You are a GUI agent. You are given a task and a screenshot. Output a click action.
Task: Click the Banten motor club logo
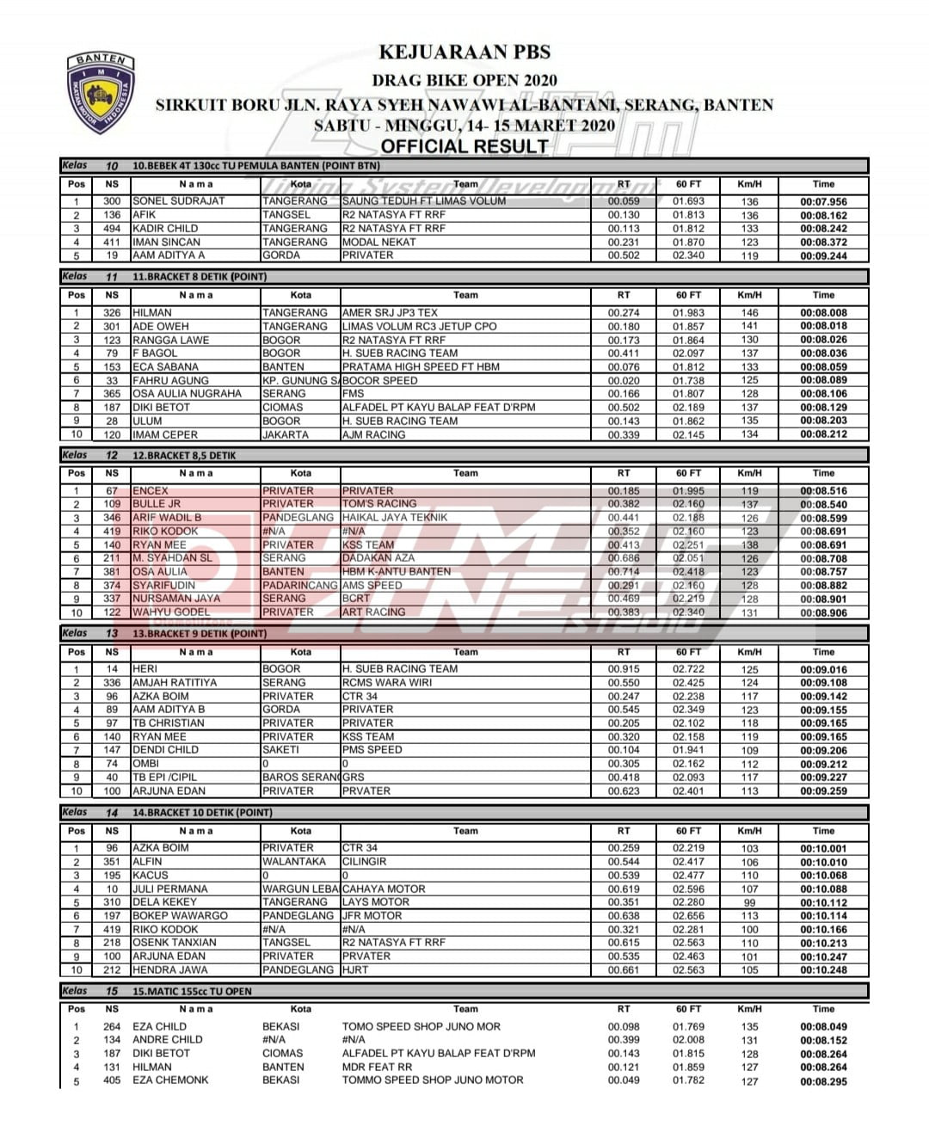point(101,93)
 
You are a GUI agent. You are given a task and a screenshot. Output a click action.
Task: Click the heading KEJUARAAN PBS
point(464,52)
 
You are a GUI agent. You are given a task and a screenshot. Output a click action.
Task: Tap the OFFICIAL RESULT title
point(464,146)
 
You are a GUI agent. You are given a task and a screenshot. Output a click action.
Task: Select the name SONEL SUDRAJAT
point(179,201)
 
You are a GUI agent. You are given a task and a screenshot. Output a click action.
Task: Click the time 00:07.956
point(823,202)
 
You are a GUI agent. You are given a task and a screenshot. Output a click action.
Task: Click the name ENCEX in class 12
point(151,491)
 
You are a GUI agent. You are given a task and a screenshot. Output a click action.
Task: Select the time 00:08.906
point(823,613)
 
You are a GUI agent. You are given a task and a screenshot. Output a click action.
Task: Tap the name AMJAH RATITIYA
point(175,683)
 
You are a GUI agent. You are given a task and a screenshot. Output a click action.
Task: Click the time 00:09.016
point(823,670)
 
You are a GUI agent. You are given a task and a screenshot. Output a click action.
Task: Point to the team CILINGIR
point(364,862)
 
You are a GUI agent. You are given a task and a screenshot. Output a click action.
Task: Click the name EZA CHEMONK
point(170,1080)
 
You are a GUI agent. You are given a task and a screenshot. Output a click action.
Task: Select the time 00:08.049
point(823,1027)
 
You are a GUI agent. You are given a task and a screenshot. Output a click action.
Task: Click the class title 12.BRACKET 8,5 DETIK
point(184,456)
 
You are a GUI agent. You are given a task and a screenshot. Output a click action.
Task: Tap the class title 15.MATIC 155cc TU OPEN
point(192,992)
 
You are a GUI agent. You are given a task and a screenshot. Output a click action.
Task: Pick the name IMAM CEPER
point(165,435)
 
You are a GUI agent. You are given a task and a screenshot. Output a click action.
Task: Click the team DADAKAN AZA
point(378,558)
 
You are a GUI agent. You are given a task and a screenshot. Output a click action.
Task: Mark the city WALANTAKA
point(294,862)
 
